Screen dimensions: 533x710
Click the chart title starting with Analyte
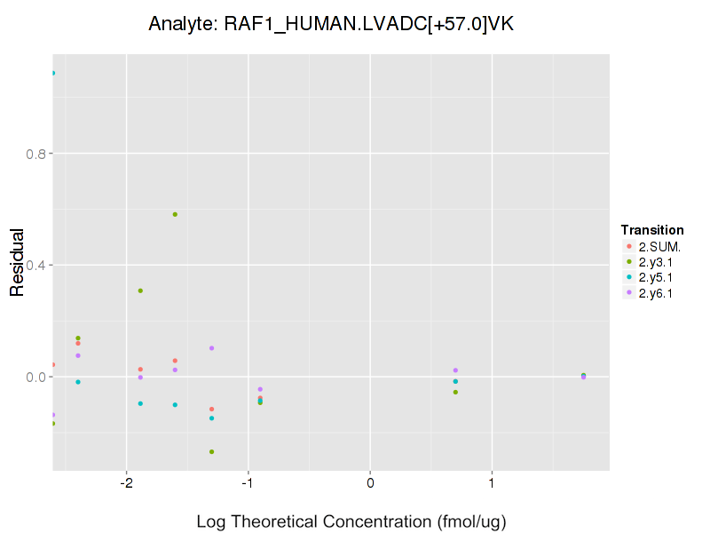pos(331,25)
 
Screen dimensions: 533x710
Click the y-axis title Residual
pos(16,264)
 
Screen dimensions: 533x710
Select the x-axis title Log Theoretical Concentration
pos(351,521)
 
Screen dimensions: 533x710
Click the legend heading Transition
pos(651,230)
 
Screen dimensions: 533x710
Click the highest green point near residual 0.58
pos(175,214)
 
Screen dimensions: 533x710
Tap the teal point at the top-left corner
pos(52,73)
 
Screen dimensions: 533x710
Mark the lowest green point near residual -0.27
pos(211,451)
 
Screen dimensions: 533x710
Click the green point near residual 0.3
pos(140,290)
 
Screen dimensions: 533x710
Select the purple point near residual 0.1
pos(211,348)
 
